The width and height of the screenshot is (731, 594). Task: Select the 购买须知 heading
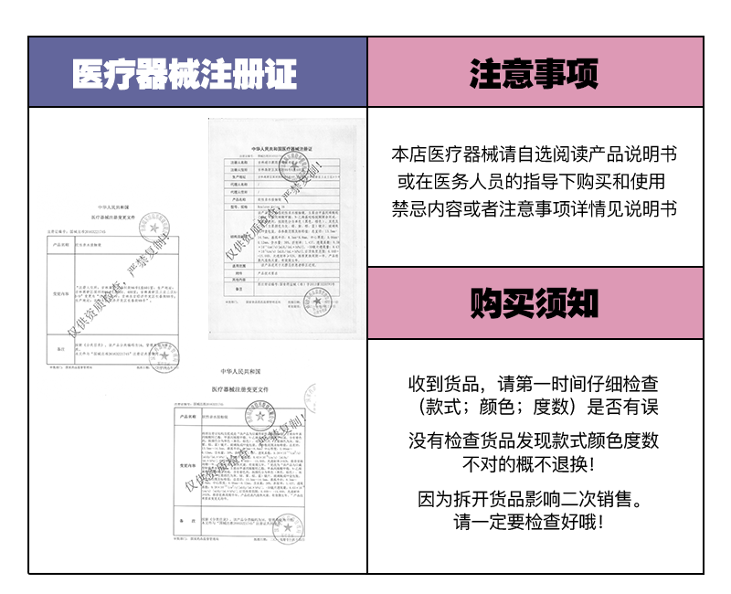(x=535, y=303)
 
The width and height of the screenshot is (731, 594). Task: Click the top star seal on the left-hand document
(x=156, y=228)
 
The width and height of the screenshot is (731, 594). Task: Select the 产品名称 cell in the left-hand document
(x=63, y=246)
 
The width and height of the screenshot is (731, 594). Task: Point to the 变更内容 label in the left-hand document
(x=63, y=294)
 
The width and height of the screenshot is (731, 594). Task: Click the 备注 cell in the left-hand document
(x=63, y=349)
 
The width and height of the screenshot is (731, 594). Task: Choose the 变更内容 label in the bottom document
(x=186, y=465)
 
